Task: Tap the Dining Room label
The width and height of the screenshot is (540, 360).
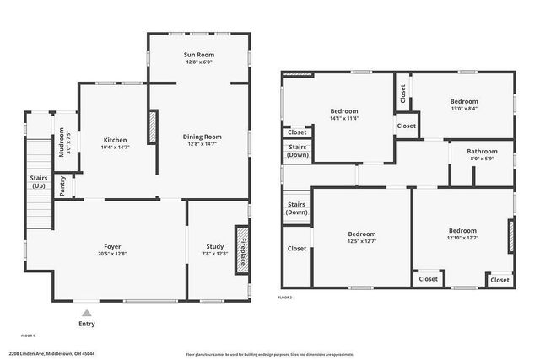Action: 202,137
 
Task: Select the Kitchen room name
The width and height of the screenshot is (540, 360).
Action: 115,140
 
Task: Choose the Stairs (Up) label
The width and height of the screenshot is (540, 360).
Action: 39,181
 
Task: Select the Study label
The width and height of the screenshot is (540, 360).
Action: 215,246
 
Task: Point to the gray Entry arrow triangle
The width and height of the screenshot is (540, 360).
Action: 86,313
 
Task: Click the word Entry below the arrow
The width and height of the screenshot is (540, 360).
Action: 87,324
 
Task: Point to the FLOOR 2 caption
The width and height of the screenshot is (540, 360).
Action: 285,298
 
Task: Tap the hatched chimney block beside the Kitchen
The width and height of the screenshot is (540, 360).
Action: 154,127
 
